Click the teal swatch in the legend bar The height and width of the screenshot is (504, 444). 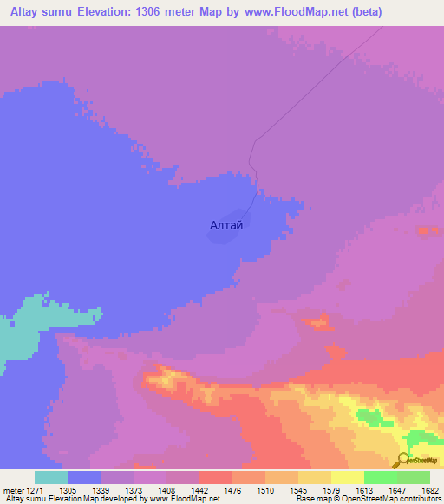(x=51, y=477)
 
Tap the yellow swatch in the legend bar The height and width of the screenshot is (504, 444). (x=348, y=477)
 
